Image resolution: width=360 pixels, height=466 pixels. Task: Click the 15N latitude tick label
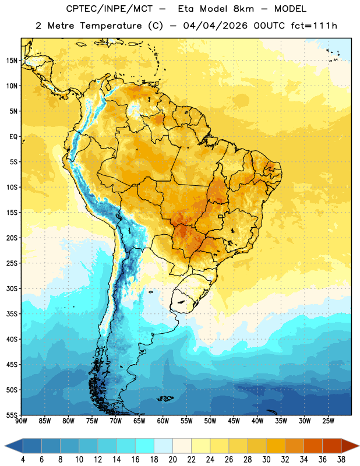coord(12,61)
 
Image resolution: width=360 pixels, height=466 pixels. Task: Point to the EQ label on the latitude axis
coord(13,137)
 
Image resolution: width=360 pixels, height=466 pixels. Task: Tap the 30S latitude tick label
coord(12,288)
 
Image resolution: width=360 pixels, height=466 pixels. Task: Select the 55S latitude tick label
coord(12,415)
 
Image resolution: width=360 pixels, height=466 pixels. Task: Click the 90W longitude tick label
coord(21,421)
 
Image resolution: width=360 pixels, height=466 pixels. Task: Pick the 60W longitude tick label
coord(163,421)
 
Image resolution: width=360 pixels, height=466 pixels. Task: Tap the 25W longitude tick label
coord(328,421)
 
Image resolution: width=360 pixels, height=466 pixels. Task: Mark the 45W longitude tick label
coord(234,421)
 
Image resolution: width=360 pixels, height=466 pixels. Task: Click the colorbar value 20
coord(172,460)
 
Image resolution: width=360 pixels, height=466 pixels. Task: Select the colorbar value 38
coord(341,460)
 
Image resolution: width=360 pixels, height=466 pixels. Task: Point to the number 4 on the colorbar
coord(23,460)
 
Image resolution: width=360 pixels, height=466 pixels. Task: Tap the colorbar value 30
coord(266,460)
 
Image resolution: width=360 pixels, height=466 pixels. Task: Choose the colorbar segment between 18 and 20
coord(163,446)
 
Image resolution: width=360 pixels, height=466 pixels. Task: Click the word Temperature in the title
coord(111,26)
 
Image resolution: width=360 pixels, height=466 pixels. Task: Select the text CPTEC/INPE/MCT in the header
coord(110,9)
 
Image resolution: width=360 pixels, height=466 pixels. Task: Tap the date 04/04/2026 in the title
coord(215,26)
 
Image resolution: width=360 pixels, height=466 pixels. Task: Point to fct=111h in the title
coord(314,26)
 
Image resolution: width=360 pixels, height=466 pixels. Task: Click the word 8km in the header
coord(243,9)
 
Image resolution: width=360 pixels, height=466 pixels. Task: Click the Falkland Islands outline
coord(165,398)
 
